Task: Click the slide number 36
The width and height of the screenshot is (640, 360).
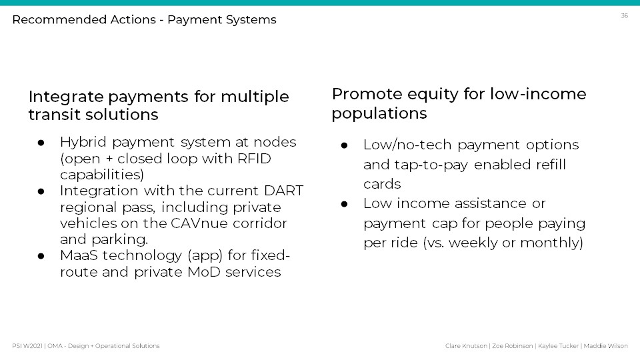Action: (x=624, y=15)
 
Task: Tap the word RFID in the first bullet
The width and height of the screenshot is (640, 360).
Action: (x=254, y=159)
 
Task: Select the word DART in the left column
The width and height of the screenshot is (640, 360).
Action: (x=284, y=191)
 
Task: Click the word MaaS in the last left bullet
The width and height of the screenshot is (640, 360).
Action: (x=79, y=255)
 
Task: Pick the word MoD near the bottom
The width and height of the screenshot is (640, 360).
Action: (x=204, y=272)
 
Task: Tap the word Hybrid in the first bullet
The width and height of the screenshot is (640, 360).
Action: (x=83, y=142)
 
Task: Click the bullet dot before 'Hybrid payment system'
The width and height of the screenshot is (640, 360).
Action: (x=41, y=143)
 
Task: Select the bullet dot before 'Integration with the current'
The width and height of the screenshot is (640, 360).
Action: (x=41, y=191)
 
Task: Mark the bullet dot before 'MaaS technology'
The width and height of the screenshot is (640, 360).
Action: (x=41, y=256)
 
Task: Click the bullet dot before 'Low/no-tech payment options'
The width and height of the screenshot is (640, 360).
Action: (x=344, y=145)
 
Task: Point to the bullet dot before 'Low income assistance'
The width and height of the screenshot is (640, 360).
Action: (x=344, y=204)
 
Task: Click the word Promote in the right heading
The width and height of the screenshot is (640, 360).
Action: (x=367, y=94)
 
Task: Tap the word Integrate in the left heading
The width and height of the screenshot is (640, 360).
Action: (x=66, y=97)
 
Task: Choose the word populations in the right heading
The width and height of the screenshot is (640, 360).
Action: (x=379, y=113)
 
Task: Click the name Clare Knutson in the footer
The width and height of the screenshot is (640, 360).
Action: (x=466, y=346)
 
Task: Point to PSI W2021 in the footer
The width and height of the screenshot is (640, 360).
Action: (x=27, y=346)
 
